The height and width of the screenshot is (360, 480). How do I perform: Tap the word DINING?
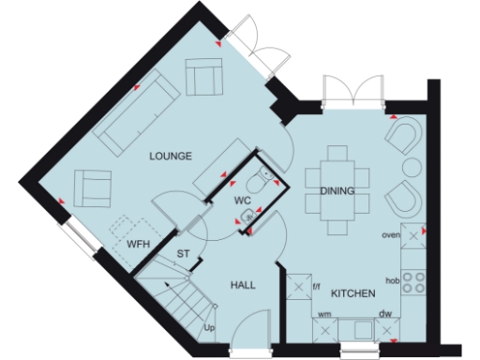(337, 191)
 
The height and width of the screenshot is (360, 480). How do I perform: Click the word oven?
(391, 236)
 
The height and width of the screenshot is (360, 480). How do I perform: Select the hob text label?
(394, 279)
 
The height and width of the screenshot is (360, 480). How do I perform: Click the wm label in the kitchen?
(324, 315)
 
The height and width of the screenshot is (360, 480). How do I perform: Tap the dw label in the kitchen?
(384, 315)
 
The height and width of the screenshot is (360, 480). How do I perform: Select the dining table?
(337, 192)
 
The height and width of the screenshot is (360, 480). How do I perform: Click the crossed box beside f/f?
(298, 284)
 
